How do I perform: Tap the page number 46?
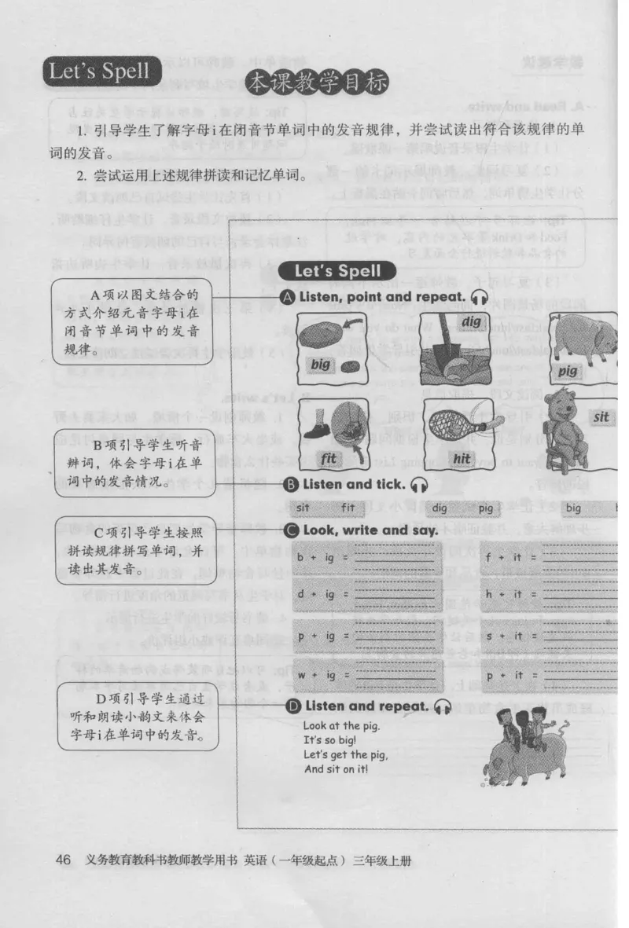pos(63,860)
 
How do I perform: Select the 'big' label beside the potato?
pos(320,365)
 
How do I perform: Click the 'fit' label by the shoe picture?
pos(329,457)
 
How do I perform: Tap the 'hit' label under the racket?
pos(461,457)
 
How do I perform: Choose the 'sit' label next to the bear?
pos(602,416)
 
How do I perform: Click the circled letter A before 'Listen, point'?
pos(288,297)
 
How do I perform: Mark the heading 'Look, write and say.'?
pos(370,530)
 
